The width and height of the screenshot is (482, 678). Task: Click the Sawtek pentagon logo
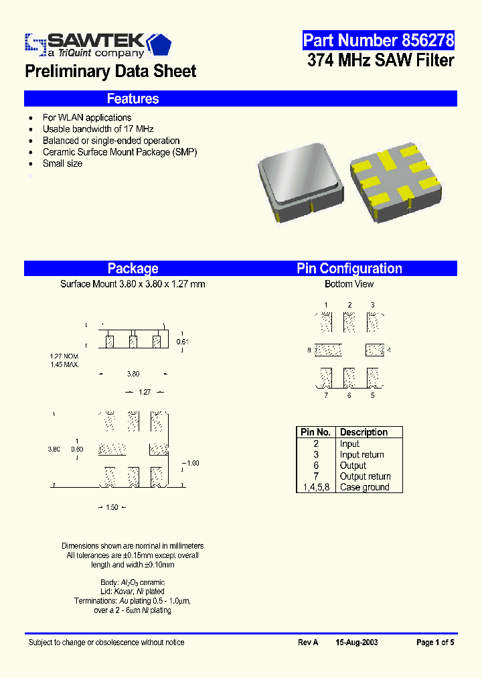click(x=158, y=44)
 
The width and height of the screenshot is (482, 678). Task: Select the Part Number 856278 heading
click(x=378, y=41)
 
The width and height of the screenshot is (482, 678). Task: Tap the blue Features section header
click(x=133, y=99)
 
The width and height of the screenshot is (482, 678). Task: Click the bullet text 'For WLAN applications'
click(x=87, y=118)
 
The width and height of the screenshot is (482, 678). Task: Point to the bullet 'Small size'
click(x=62, y=163)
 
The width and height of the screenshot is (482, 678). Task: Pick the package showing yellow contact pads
click(x=396, y=182)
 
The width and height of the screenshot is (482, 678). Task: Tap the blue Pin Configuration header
click(x=349, y=269)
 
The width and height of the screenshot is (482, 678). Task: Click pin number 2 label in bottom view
click(x=349, y=305)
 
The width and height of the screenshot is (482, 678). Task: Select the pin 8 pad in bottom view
click(x=328, y=350)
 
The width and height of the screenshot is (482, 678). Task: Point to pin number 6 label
click(x=349, y=395)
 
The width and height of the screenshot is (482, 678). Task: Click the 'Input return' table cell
click(x=361, y=455)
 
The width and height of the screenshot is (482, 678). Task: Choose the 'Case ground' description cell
click(x=364, y=487)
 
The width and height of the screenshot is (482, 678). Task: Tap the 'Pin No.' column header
click(x=315, y=432)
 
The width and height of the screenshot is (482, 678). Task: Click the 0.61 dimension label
click(x=182, y=342)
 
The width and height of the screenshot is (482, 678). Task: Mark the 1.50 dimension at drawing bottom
click(x=112, y=507)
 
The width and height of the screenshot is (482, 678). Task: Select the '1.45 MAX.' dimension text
click(x=64, y=364)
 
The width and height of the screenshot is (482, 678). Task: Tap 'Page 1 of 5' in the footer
click(x=435, y=642)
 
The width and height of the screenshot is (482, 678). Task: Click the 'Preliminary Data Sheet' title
click(x=110, y=72)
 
